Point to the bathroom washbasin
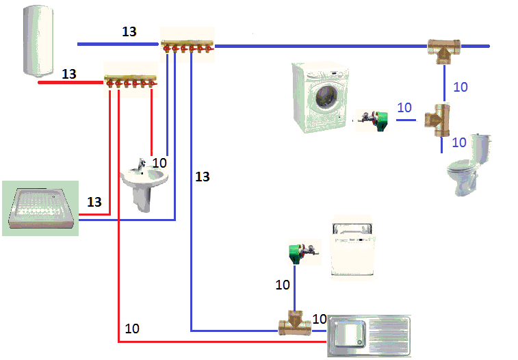144,181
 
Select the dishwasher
353,249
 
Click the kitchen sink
370,335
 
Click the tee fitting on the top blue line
443,49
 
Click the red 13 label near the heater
69,73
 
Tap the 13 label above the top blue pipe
129,31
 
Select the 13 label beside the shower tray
94,202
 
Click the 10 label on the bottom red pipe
132,329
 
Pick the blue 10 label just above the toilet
460,142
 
